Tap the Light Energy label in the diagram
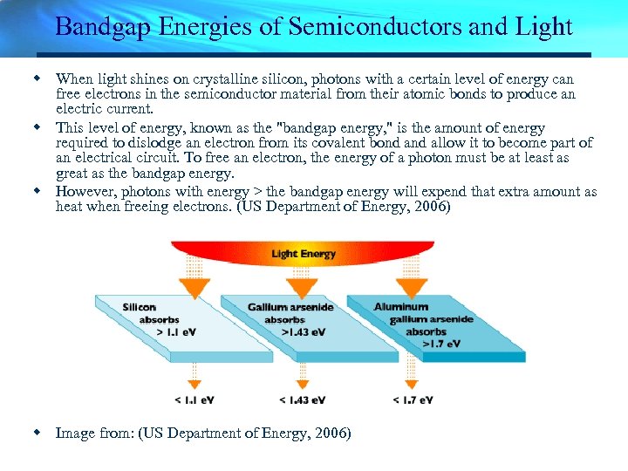pos(304,254)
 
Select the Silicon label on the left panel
pos(139,307)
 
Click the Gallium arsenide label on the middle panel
pos(290,307)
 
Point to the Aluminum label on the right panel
pos(401,306)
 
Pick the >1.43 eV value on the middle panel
pos(303,332)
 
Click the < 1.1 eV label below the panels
pos(195,400)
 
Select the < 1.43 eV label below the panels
pos(302,400)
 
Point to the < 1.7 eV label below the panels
pos(413,400)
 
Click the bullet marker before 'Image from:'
pos(38,432)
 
